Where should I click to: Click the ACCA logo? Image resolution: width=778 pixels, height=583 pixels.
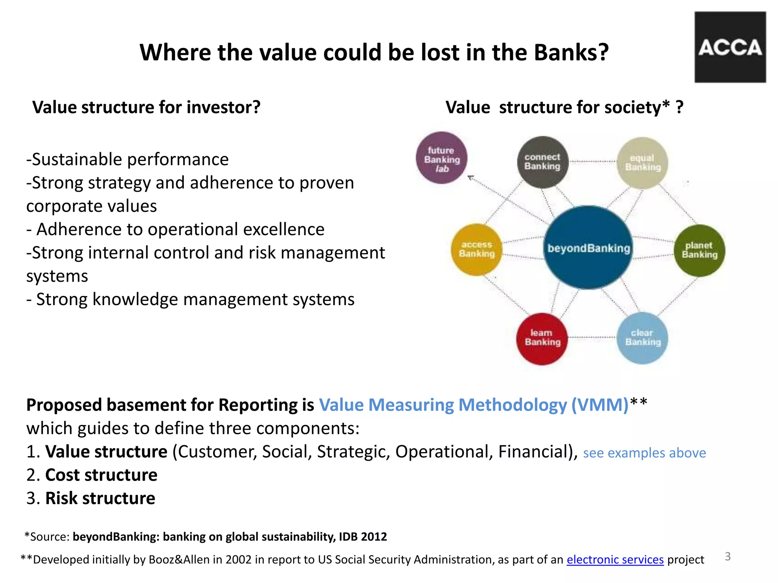[730, 47]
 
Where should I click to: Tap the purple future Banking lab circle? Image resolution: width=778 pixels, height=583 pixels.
[441, 158]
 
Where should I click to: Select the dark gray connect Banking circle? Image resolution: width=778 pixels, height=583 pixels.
[542, 162]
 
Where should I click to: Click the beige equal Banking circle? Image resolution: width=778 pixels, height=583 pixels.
[642, 163]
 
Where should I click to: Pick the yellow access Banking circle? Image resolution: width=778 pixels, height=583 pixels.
[476, 250]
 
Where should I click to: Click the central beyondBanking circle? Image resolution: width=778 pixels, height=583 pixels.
[588, 248]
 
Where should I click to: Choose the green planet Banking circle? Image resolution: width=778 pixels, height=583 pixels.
[699, 251]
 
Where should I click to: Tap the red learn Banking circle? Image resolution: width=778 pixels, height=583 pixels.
[542, 338]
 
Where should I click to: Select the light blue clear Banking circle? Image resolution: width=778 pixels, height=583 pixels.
[642, 338]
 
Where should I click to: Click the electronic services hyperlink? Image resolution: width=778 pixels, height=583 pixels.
[615, 559]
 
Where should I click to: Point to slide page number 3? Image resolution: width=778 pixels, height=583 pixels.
[727, 556]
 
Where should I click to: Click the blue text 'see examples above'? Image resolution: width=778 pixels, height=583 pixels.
[644, 453]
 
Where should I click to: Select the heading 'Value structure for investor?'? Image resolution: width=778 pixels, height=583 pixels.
[147, 107]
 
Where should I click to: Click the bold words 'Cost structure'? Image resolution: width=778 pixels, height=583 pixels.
[101, 475]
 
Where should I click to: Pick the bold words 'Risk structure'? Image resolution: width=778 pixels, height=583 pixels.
[100, 498]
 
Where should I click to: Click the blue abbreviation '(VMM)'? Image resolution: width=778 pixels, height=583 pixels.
[600, 405]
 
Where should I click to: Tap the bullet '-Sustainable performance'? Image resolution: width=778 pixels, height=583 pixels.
[128, 159]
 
